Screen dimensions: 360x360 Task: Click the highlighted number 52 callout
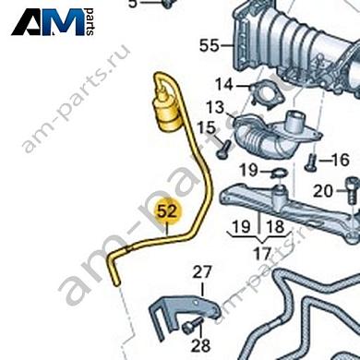point(168,212)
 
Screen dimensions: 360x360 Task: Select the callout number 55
point(210,45)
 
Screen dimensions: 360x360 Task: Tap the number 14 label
point(223,84)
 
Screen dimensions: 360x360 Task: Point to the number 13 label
point(215,107)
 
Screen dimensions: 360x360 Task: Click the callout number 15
point(206,127)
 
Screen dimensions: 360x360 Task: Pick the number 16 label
point(341,160)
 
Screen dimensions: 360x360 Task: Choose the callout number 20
point(323,191)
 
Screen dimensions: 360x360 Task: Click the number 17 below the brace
point(262,254)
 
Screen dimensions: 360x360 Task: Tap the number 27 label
point(202,272)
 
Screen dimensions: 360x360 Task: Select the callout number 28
point(200,345)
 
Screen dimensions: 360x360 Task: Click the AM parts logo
point(53,21)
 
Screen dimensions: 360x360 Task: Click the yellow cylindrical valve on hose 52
point(167,111)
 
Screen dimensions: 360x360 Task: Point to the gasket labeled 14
point(267,95)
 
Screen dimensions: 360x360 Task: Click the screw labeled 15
point(224,150)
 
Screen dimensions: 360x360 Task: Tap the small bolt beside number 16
point(310,162)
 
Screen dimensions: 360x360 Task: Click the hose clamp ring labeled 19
point(279,173)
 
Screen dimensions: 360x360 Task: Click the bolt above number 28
point(192,326)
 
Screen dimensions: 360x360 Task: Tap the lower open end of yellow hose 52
point(116,282)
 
